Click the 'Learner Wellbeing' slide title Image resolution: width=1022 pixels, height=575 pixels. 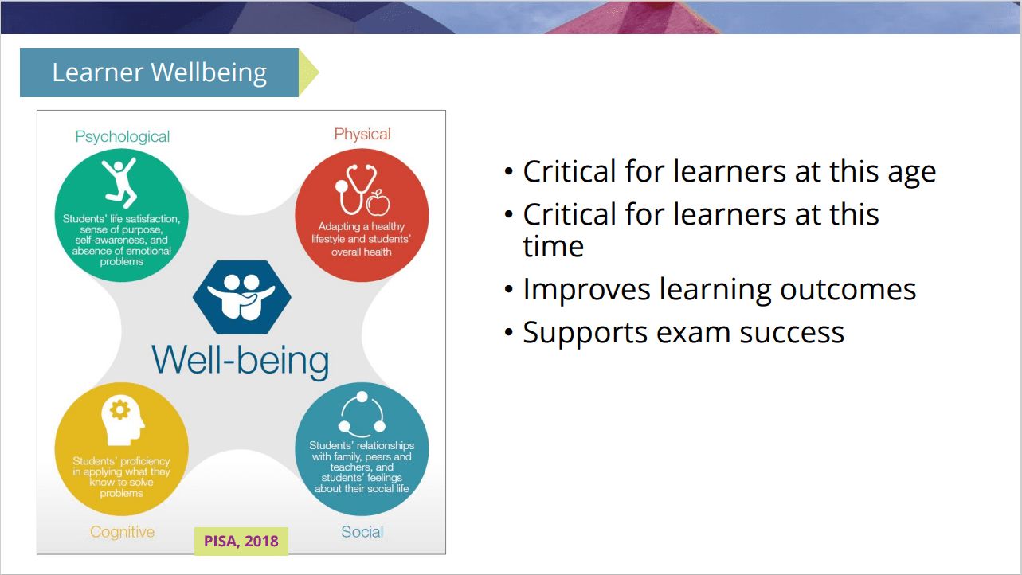click(x=159, y=72)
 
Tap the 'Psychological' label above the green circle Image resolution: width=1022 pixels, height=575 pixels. click(x=123, y=137)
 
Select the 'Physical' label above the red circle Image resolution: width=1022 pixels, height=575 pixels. click(x=362, y=134)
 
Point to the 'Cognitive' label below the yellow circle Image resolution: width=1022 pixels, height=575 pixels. click(x=123, y=532)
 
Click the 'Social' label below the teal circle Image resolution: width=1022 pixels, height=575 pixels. click(x=362, y=532)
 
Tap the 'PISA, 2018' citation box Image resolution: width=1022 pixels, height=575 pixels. click(x=241, y=542)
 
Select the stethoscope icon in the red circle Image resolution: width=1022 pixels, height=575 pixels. click(x=355, y=190)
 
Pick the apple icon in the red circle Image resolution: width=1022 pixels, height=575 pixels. click(x=378, y=202)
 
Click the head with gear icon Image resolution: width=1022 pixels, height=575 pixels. click(x=122, y=420)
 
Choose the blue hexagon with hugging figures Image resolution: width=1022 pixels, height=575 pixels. click(x=242, y=297)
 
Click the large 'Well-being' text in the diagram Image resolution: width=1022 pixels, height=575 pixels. click(x=241, y=361)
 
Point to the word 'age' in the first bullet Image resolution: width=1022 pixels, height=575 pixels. click(x=911, y=172)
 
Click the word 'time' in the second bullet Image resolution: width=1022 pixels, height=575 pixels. click(x=553, y=246)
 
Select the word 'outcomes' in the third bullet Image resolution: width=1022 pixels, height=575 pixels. click(x=848, y=290)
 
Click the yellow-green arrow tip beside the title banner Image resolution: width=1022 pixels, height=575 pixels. click(x=318, y=72)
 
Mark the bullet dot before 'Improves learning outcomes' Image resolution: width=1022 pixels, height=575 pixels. click(x=509, y=289)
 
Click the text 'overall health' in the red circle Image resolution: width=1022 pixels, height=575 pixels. click(x=362, y=252)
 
